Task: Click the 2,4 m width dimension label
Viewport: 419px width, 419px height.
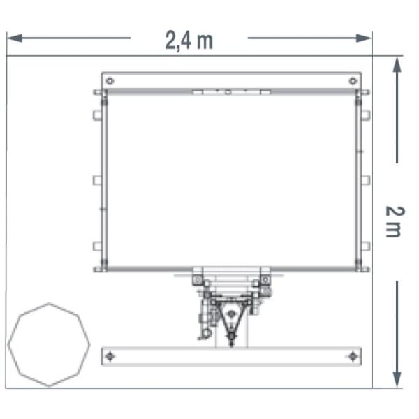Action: pyautogui.click(x=189, y=41)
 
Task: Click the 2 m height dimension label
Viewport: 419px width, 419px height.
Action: pyautogui.click(x=395, y=221)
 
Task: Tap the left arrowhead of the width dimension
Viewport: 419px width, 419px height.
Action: pyautogui.click(x=15, y=38)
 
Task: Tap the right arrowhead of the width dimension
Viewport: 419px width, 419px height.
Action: pyautogui.click(x=364, y=38)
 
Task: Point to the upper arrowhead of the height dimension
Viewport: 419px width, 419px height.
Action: pyautogui.click(x=397, y=64)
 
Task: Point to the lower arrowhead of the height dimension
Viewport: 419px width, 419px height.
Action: pyautogui.click(x=397, y=380)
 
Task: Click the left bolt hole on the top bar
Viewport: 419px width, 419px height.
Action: pyautogui.click(x=110, y=81)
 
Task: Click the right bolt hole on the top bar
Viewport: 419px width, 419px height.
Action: pyautogui.click(x=353, y=81)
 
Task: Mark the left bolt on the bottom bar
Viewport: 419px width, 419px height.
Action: pyautogui.click(x=110, y=356)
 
